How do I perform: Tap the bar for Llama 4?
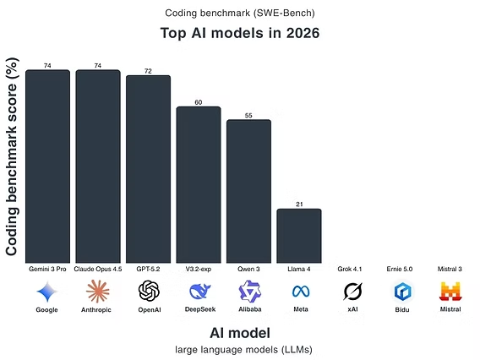pyautogui.click(x=299, y=236)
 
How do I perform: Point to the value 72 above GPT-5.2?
pyautogui.click(x=148, y=71)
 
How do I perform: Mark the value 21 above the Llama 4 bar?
pyautogui.click(x=299, y=205)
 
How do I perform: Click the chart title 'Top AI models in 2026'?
pyautogui.click(x=239, y=35)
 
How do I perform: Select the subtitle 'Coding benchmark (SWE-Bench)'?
pyautogui.click(x=239, y=13)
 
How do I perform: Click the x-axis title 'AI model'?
pyautogui.click(x=239, y=332)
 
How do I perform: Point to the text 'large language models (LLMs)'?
pyautogui.click(x=239, y=349)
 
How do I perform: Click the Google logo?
pyautogui.click(x=47, y=292)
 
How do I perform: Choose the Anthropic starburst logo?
pyautogui.click(x=98, y=292)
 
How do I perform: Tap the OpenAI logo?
pyautogui.click(x=149, y=292)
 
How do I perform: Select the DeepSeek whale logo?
pyautogui.click(x=199, y=292)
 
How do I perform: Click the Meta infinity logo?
pyautogui.click(x=300, y=292)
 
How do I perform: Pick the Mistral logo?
pyautogui.click(x=450, y=292)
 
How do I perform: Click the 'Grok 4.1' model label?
pyautogui.click(x=350, y=269)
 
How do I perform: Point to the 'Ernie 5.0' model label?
pyautogui.click(x=400, y=269)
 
